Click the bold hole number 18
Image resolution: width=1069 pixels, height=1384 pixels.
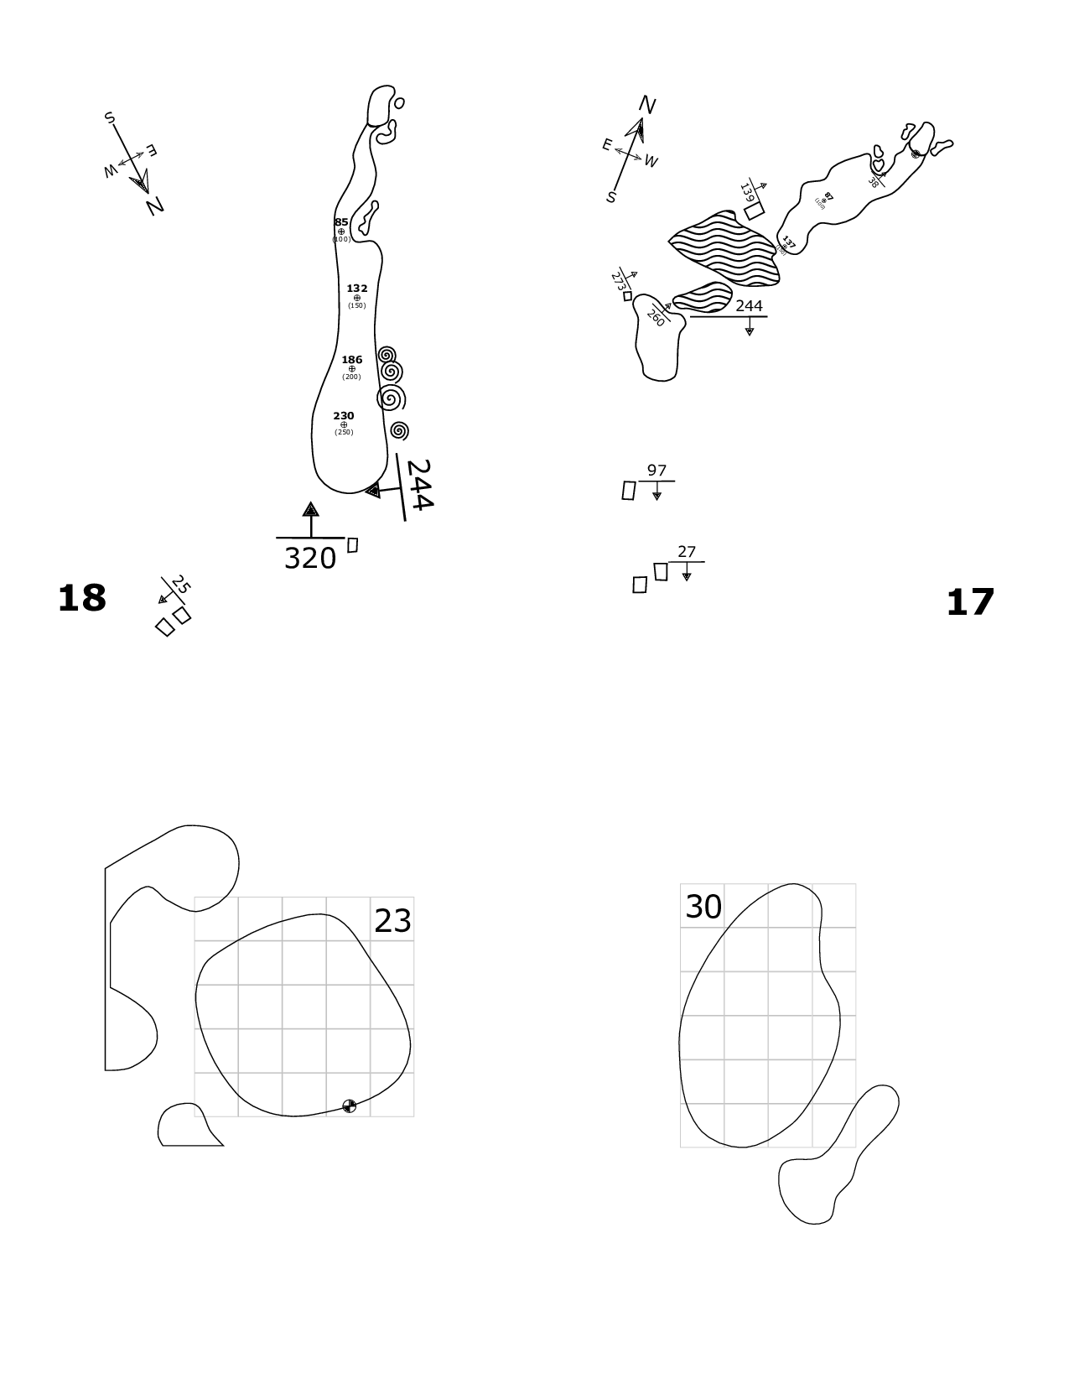[x=82, y=599]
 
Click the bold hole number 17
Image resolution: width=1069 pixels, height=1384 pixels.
[x=970, y=603]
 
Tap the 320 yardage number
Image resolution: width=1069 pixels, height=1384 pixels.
[x=310, y=559]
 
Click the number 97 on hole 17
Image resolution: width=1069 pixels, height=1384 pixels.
[x=656, y=471]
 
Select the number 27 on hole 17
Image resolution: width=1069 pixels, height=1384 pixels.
[x=687, y=552]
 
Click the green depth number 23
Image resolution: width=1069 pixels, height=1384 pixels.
[x=392, y=921]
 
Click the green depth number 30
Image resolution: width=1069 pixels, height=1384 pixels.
[x=703, y=907]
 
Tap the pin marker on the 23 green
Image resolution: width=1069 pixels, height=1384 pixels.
[x=350, y=1106]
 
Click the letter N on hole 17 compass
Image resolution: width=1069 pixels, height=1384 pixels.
[x=646, y=105]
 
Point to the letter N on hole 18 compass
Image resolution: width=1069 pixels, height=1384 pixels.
[x=154, y=206]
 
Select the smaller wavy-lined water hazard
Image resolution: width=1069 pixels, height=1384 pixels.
[x=703, y=296]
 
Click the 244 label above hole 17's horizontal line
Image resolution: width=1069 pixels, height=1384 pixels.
[x=749, y=306]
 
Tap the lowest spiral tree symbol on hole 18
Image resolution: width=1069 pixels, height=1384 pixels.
[x=400, y=430]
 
